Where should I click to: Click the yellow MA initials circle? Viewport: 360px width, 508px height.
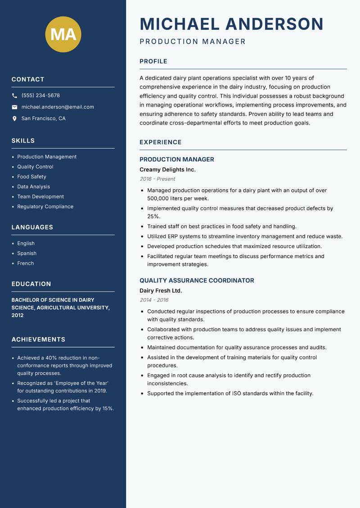[x=63, y=34]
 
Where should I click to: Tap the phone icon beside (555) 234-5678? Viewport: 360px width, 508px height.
[x=14, y=96]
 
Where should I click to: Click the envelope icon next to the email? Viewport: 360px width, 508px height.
[x=14, y=107]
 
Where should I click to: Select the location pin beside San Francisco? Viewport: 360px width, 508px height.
[x=14, y=119]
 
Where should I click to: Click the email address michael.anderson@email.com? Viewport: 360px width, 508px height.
[x=58, y=107]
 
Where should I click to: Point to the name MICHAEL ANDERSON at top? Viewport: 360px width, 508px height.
[x=231, y=24]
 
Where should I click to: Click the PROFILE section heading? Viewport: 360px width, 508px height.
[x=153, y=62]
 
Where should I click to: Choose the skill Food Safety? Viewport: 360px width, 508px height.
[x=31, y=177]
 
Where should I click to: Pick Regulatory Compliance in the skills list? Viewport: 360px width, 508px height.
[x=45, y=206]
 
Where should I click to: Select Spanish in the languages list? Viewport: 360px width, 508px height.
[x=27, y=253]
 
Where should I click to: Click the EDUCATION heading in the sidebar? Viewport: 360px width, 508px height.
[x=31, y=284]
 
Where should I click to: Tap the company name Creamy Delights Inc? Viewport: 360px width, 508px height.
[x=167, y=169]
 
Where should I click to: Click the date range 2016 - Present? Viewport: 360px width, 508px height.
[x=157, y=179]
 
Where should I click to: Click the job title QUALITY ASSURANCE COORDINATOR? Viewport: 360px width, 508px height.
[x=197, y=281]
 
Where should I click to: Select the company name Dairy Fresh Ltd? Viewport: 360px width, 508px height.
[x=161, y=290]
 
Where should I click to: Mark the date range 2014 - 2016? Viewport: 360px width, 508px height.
[x=154, y=300]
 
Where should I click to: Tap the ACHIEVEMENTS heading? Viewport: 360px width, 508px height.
[x=38, y=339]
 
